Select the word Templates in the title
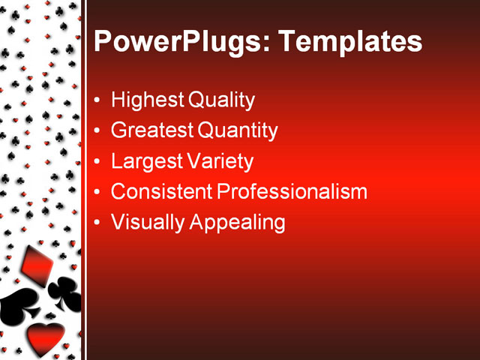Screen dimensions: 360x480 tap(350, 41)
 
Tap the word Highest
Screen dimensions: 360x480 tap(145, 100)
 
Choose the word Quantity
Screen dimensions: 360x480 tap(237, 131)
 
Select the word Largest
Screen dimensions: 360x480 tap(145, 161)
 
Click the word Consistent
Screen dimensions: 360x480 tap(160, 191)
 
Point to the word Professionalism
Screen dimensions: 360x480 tap(292, 191)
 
